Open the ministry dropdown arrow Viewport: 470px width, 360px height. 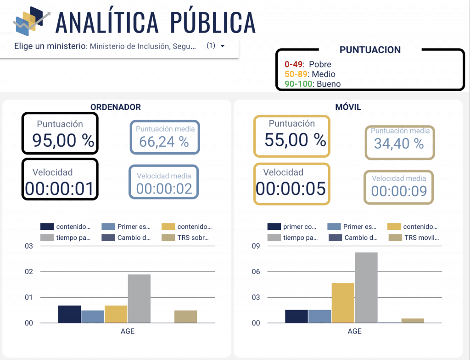tap(223, 46)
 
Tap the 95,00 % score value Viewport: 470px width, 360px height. tap(63, 140)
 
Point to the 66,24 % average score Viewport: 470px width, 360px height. tap(164, 142)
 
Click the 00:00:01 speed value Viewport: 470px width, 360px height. tap(59, 188)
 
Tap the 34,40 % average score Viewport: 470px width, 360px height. tap(398, 144)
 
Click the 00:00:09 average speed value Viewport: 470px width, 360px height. tap(399, 191)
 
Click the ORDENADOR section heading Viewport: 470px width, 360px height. tap(116, 107)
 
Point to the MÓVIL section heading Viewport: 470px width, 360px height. tap(348, 107)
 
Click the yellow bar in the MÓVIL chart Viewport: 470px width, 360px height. tap(343, 303)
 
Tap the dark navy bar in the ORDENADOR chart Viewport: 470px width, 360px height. tap(69, 314)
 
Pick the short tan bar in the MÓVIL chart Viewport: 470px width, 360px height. tap(413, 321)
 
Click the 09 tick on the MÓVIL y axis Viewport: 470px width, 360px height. tap(256, 246)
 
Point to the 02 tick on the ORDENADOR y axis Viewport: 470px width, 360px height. tap(29, 272)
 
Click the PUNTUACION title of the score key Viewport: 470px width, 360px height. tap(370, 50)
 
